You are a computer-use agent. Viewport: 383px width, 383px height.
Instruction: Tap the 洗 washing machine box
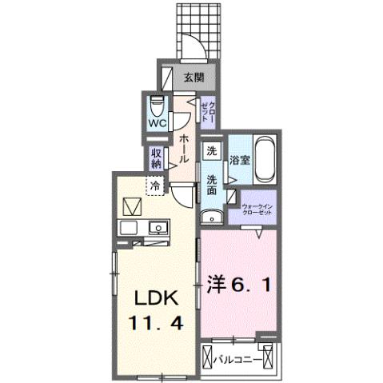coord(211,151)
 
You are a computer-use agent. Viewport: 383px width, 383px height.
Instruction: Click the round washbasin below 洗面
coord(212,215)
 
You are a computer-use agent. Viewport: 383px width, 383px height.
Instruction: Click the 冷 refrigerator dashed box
coord(155,185)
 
